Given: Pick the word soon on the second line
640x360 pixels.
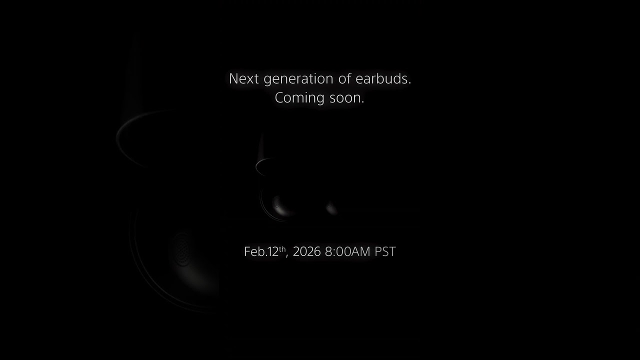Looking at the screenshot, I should pos(347,98).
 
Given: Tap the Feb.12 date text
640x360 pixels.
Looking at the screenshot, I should pos(261,251).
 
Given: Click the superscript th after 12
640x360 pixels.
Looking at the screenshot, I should pos(282,248).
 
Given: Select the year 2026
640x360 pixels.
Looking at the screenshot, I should pos(306,251).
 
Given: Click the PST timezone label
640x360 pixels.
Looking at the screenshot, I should pos(385,251).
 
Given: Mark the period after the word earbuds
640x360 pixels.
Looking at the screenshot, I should pos(409,82).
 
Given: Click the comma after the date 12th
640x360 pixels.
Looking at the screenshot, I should pos(287,255).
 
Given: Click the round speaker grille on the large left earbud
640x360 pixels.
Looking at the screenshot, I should pos(182,248).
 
